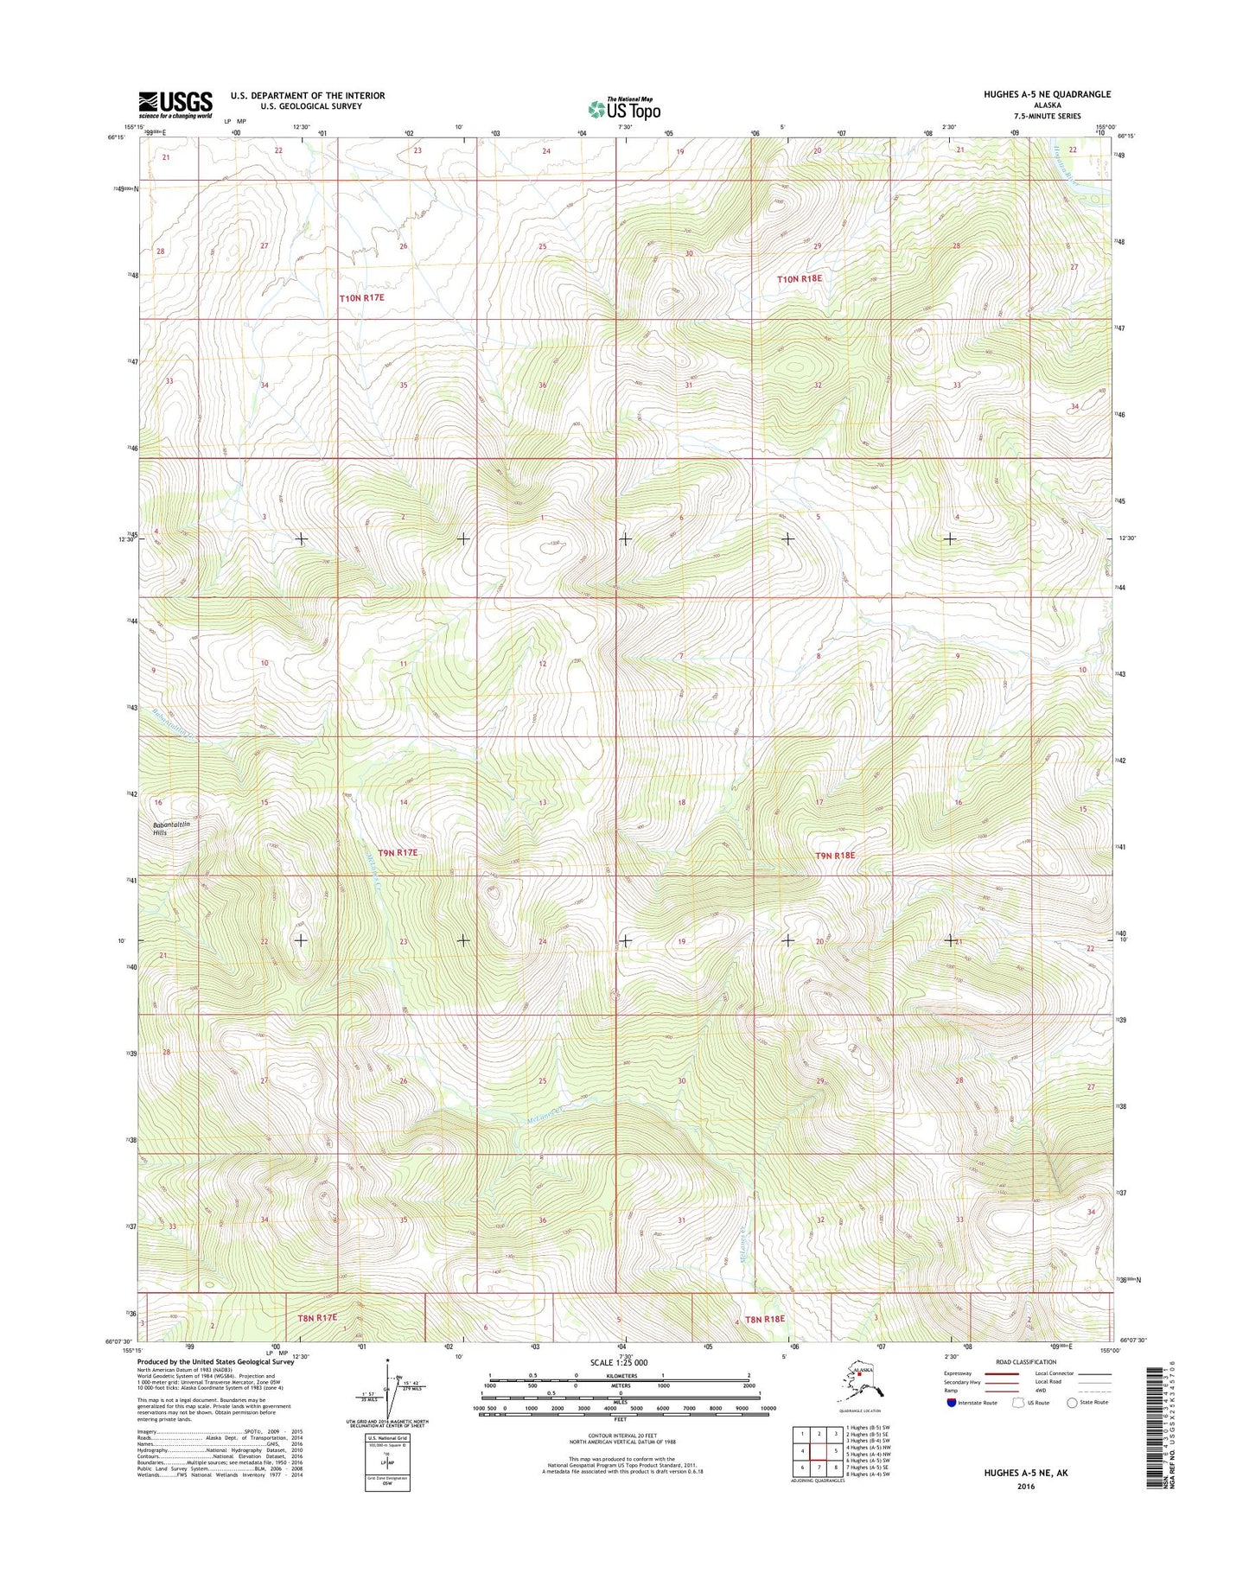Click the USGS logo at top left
175,105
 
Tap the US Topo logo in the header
624,109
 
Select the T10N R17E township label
361,297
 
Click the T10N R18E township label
800,279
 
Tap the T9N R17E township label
398,852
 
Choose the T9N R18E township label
835,855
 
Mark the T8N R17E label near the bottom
317,1318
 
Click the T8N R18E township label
765,1319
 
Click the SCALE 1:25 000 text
618,1363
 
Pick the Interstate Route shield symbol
952,1403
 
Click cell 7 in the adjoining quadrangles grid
819,1468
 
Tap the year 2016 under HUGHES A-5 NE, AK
1025,1487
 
